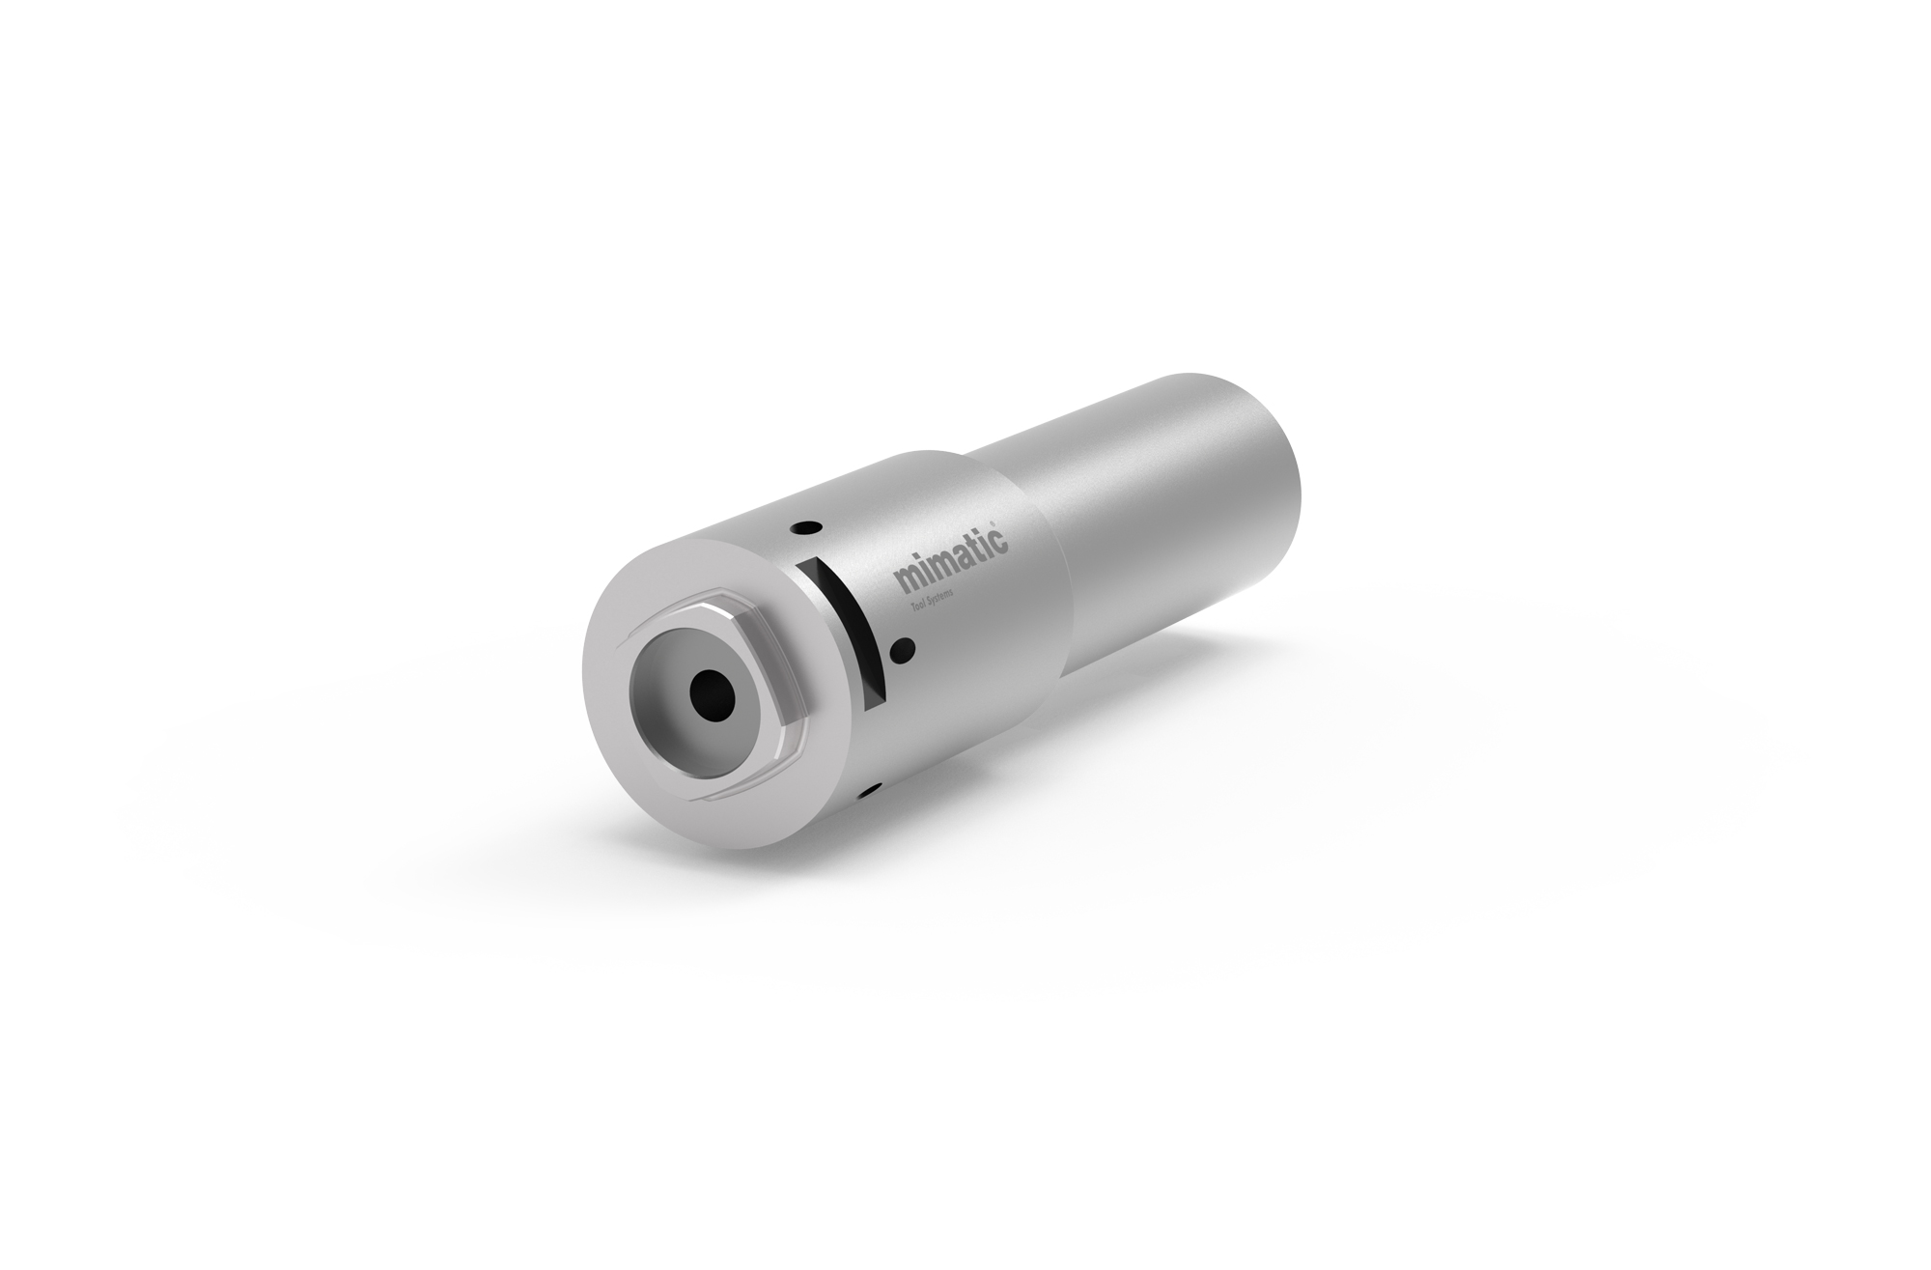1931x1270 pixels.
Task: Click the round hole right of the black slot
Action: coord(904,648)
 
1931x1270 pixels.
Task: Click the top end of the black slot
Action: coord(809,566)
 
